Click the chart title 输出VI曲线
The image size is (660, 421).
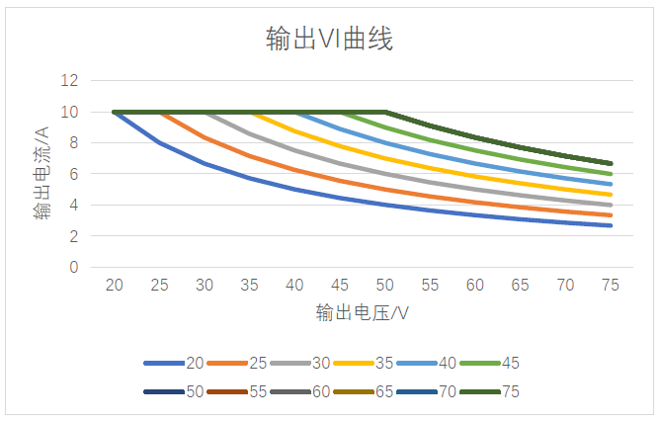pyautogui.click(x=330, y=40)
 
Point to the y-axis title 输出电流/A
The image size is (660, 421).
pyautogui.click(x=41, y=174)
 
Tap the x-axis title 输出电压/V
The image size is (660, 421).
pyautogui.click(x=363, y=313)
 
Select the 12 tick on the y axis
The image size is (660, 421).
pyautogui.click(x=69, y=81)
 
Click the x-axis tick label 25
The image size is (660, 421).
pyautogui.click(x=160, y=285)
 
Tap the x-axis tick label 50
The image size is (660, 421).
pyautogui.click(x=385, y=285)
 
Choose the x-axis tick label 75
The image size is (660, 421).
pyautogui.click(x=611, y=285)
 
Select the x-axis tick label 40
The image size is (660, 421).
pyautogui.click(x=295, y=285)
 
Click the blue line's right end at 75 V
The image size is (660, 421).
pyautogui.click(x=611, y=225)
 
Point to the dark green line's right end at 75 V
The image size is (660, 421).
pyautogui.click(x=611, y=164)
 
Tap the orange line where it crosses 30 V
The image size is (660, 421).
pyautogui.click(x=206, y=138)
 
